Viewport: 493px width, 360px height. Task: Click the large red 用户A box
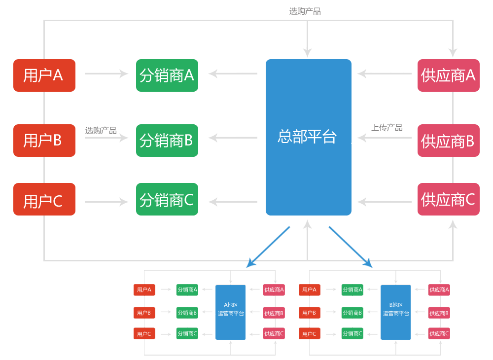pyautogui.click(x=44, y=75)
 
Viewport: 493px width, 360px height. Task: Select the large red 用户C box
pyautogui.click(x=44, y=199)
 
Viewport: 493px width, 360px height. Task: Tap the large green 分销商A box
pyautogui.click(x=167, y=75)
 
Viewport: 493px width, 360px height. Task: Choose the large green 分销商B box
pyautogui.click(x=167, y=141)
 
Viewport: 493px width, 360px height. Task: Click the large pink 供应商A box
pyautogui.click(x=448, y=75)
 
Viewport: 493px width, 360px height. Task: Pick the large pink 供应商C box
pyautogui.click(x=448, y=199)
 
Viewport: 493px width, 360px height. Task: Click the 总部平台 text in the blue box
pyautogui.click(x=307, y=137)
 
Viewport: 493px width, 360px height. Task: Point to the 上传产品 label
pyautogui.click(x=387, y=128)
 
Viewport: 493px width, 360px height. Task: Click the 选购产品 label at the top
pyautogui.click(x=305, y=11)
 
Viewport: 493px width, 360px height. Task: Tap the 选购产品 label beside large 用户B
pyautogui.click(x=101, y=131)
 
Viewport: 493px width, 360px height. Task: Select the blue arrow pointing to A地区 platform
pyautogui.click(x=268, y=247)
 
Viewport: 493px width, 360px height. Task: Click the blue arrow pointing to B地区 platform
pyautogui.click(x=351, y=247)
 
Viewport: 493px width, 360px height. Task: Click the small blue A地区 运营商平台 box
pyautogui.click(x=231, y=312)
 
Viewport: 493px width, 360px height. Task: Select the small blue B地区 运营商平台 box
pyautogui.click(x=395, y=312)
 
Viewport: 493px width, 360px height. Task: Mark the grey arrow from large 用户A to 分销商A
pyautogui.click(x=106, y=74)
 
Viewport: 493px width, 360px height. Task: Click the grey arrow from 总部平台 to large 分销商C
pyautogui.click(x=233, y=202)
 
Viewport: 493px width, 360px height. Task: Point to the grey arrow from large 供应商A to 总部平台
pyautogui.click(x=385, y=74)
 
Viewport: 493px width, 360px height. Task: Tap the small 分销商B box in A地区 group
pyautogui.click(x=187, y=313)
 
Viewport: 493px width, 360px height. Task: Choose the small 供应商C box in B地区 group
pyautogui.click(x=439, y=333)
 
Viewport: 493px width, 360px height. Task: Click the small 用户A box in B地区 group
pyautogui.click(x=310, y=290)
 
